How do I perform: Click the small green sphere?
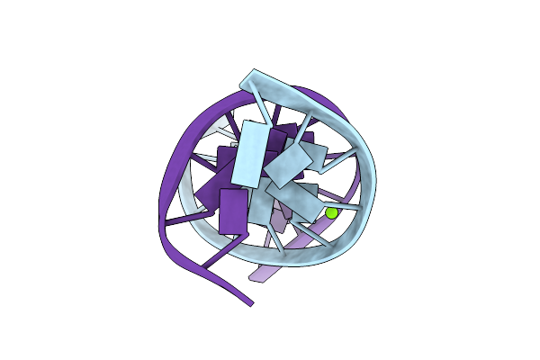331,213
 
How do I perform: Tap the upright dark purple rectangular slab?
233,211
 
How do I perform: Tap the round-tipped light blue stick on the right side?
339,158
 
